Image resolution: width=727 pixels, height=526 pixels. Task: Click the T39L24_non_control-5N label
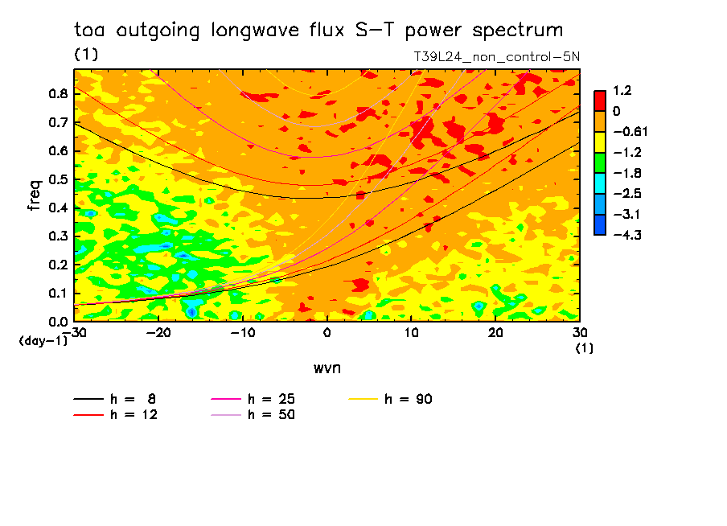click(496, 57)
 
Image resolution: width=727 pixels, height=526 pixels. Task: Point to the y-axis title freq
click(34, 196)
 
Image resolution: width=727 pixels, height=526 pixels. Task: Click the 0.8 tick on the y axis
click(57, 93)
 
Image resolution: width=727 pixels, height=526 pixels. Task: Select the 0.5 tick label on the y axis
click(57, 179)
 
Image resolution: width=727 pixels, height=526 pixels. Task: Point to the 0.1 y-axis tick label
click(57, 294)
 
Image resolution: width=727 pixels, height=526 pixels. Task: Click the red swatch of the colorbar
click(600, 101)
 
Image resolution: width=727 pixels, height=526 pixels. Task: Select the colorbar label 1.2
click(621, 91)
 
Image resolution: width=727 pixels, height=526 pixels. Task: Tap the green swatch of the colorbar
click(600, 162)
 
